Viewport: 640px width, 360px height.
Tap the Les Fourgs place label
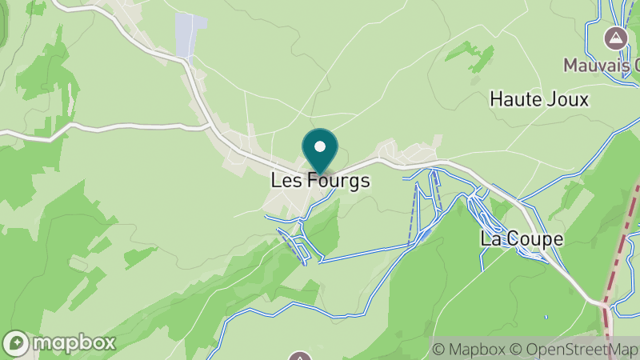click(x=320, y=181)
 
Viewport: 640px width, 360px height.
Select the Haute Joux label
click(x=538, y=100)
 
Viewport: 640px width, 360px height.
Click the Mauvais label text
click(x=601, y=64)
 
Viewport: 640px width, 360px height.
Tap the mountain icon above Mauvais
click(x=616, y=38)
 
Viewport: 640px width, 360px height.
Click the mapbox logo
click(x=60, y=342)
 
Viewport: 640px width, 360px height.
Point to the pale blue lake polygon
click(x=190, y=35)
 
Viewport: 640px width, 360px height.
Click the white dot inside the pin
click(x=320, y=146)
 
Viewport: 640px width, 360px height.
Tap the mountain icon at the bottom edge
click(x=300, y=356)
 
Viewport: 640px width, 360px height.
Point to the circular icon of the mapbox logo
click(x=18, y=342)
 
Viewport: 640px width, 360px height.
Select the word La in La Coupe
click(x=489, y=238)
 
